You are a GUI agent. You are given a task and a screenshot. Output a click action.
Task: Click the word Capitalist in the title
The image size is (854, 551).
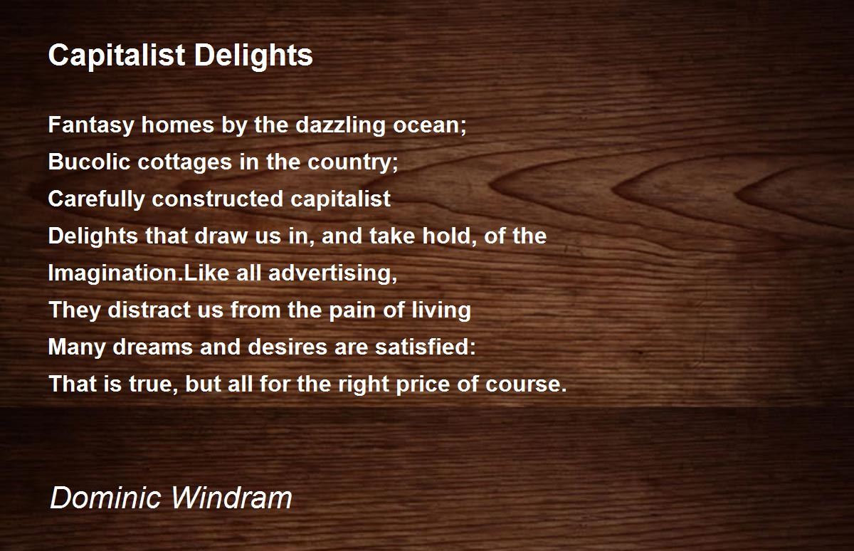pos(117,56)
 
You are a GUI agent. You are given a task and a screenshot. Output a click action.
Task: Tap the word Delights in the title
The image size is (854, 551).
pos(253,56)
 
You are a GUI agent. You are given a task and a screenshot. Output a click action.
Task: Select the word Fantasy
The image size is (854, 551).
pos(91,125)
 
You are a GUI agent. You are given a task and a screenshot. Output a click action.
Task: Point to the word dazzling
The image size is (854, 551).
pos(340,125)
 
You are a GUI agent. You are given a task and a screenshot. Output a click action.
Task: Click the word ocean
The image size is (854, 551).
pos(426,126)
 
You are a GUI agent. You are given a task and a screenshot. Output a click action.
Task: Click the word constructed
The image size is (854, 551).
pos(217,199)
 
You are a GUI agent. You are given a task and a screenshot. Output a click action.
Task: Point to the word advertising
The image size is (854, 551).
pos(330,273)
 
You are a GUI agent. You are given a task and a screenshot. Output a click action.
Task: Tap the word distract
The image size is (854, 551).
pos(149,310)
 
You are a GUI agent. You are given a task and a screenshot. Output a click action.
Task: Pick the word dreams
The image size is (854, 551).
pos(152,347)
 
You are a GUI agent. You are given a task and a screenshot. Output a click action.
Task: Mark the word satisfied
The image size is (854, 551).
pos(423,347)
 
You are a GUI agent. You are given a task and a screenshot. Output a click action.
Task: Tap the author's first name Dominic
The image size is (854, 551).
pos(105,498)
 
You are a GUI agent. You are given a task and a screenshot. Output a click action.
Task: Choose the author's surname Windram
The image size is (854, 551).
pos(231,498)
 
